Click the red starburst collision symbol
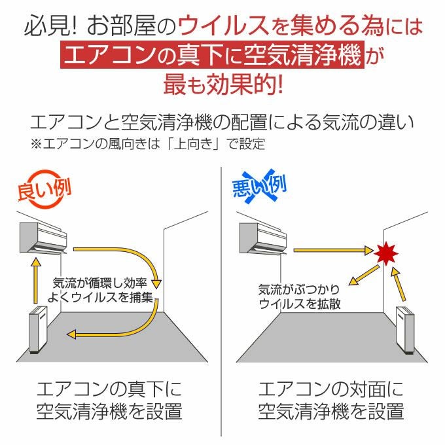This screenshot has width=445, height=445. click(385, 253)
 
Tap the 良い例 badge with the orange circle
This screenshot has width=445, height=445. click(44, 189)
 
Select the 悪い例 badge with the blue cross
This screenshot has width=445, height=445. click(259, 187)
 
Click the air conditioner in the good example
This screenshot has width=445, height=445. click(43, 238)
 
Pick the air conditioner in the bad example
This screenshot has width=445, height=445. click(263, 238)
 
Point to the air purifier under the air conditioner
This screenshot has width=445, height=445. click(39, 329)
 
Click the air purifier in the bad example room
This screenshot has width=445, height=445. click(405, 330)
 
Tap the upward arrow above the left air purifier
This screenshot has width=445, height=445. click(35, 280)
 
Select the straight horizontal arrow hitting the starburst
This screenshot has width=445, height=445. click(333, 250)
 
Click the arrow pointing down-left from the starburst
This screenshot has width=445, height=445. click(364, 276)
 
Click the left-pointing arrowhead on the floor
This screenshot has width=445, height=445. click(71, 334)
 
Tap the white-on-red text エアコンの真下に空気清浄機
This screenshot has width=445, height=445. click(212, 54)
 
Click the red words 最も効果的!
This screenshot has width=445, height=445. click(223, 84)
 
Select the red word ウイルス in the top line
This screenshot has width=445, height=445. click(224, 26)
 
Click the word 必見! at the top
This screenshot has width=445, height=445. click(50, 26)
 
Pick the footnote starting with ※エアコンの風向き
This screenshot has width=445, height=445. click(148, 144)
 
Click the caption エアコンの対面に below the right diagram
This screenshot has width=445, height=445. click(331, 389)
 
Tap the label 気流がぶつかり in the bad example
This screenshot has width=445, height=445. click(299, 289)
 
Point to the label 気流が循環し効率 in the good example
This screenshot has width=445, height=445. click(100, 283)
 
